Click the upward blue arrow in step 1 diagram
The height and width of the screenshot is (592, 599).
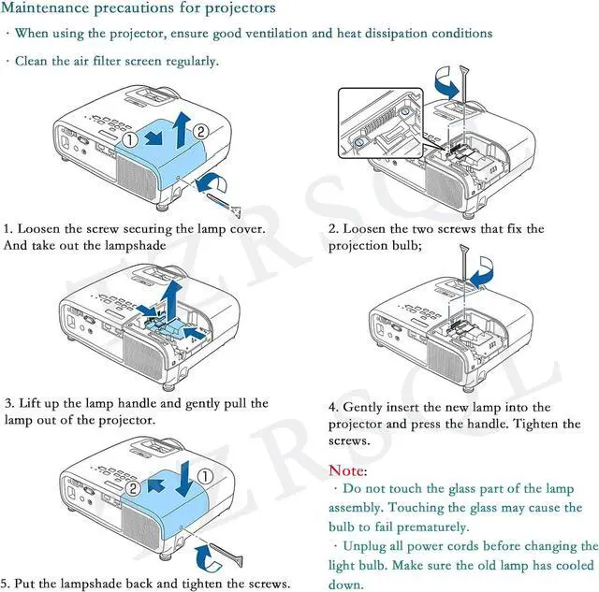182,124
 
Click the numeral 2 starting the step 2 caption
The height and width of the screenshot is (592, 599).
332,229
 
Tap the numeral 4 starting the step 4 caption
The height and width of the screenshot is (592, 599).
332,408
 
